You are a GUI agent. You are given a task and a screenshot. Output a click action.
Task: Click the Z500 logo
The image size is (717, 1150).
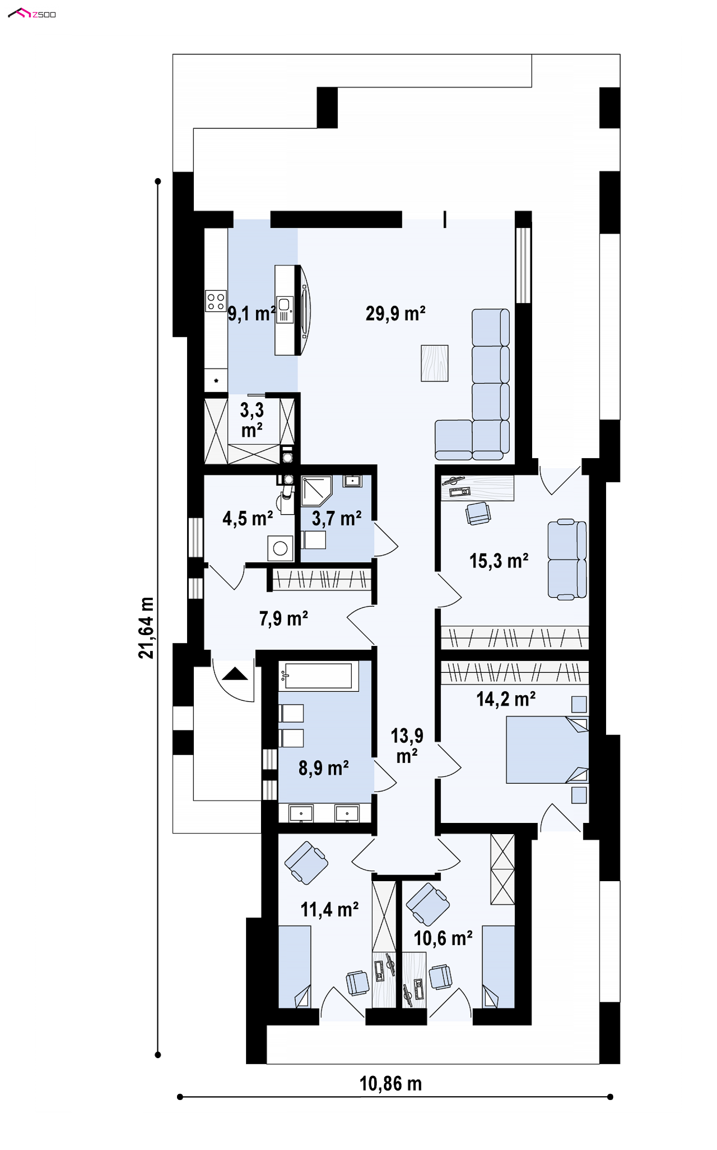(32, 13)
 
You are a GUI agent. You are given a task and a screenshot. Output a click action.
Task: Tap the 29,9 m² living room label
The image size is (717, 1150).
(395, 314)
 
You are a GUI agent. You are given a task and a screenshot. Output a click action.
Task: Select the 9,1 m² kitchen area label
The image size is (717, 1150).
(252, 314)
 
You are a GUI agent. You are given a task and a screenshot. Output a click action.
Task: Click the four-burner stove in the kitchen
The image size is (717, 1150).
(215, 301)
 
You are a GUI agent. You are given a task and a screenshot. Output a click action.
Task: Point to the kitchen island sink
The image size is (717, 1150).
(285, 309)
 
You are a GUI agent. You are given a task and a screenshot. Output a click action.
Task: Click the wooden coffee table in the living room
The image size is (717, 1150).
(434, 363)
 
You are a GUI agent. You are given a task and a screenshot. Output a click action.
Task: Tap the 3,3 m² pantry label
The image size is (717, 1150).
(252, 420)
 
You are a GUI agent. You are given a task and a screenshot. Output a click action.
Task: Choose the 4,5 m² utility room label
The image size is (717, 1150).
(248, 519)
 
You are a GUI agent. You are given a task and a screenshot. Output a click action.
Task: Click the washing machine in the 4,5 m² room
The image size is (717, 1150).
(280, 548)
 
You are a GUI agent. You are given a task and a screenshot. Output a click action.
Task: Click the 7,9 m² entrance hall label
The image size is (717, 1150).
(283, 619)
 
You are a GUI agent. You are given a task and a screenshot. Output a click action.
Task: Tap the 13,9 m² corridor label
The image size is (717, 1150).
(407, 746)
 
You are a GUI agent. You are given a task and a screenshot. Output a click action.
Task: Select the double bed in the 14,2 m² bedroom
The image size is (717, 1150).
(547, 749)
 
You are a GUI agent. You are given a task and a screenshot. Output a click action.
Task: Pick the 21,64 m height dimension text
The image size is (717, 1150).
(146, 628)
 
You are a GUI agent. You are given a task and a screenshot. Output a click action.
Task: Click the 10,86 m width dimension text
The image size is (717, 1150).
(390, 1084)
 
